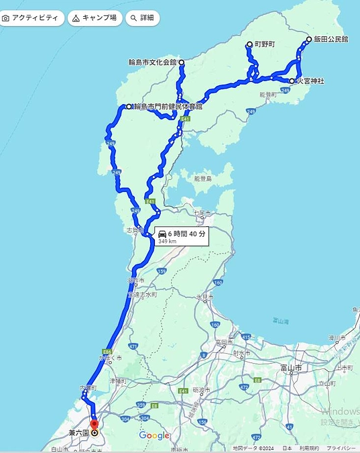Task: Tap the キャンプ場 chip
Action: pos(95,18)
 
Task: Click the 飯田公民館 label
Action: pos(331,40)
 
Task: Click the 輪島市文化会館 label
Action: pos(152,62)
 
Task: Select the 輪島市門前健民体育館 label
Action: pos(168,106)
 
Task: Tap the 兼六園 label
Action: pos(78,433)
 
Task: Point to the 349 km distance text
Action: pos(168,241)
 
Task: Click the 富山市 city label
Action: pos(290,368)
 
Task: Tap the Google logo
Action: pos(154,436)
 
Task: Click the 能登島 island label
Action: pos(203,179)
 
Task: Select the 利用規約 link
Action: pos(309,448)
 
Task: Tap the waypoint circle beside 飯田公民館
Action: pos(309,39)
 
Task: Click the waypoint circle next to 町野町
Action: pos(249,44)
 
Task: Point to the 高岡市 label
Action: pos(224,342)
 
